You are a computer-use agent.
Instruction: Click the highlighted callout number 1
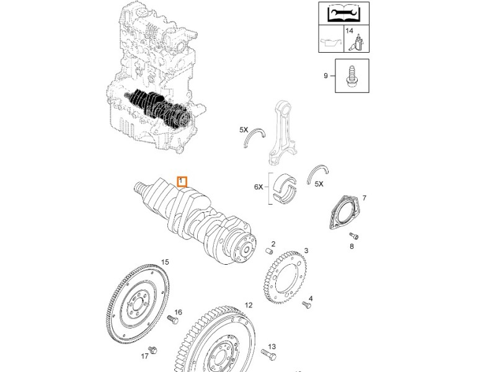(182, 181)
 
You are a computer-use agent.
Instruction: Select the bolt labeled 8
(354, 236)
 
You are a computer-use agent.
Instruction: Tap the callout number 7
(364, 198)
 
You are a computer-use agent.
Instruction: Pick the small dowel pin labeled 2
(270, 250)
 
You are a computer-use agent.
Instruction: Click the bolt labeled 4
(305, 304)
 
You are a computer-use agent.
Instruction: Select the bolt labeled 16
(172, 319)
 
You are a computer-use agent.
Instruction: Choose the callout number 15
(165, 262)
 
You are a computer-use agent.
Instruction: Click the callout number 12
(248, 305)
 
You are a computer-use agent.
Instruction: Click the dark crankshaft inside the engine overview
(158, 107)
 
